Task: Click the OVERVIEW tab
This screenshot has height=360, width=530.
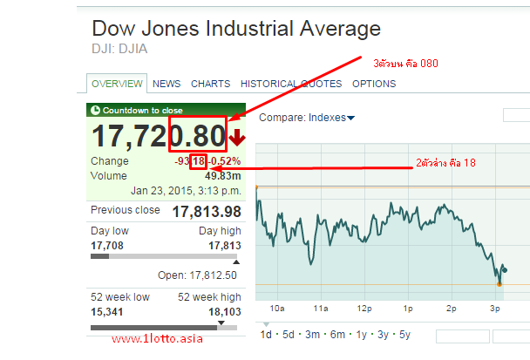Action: (117, 84)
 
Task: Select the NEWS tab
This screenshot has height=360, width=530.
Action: (166, 84)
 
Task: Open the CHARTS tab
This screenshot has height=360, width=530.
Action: (210, 84)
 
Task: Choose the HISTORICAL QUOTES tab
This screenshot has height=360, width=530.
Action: (291, 84)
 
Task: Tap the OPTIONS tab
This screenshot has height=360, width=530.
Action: (374, 84)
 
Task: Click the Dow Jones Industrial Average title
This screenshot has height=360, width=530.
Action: (235, 28)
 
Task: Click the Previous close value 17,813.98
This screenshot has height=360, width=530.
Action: (207, 212)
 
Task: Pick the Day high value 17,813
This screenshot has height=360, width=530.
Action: (224, 246)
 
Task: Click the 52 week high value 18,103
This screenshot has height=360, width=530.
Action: (224, 311)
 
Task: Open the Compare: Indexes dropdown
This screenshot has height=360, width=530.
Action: (307, 117)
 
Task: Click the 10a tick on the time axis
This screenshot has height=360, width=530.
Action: (277, 309)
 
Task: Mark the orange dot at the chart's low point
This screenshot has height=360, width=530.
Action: (499, 283)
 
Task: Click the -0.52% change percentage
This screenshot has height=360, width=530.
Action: (224, 161)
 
